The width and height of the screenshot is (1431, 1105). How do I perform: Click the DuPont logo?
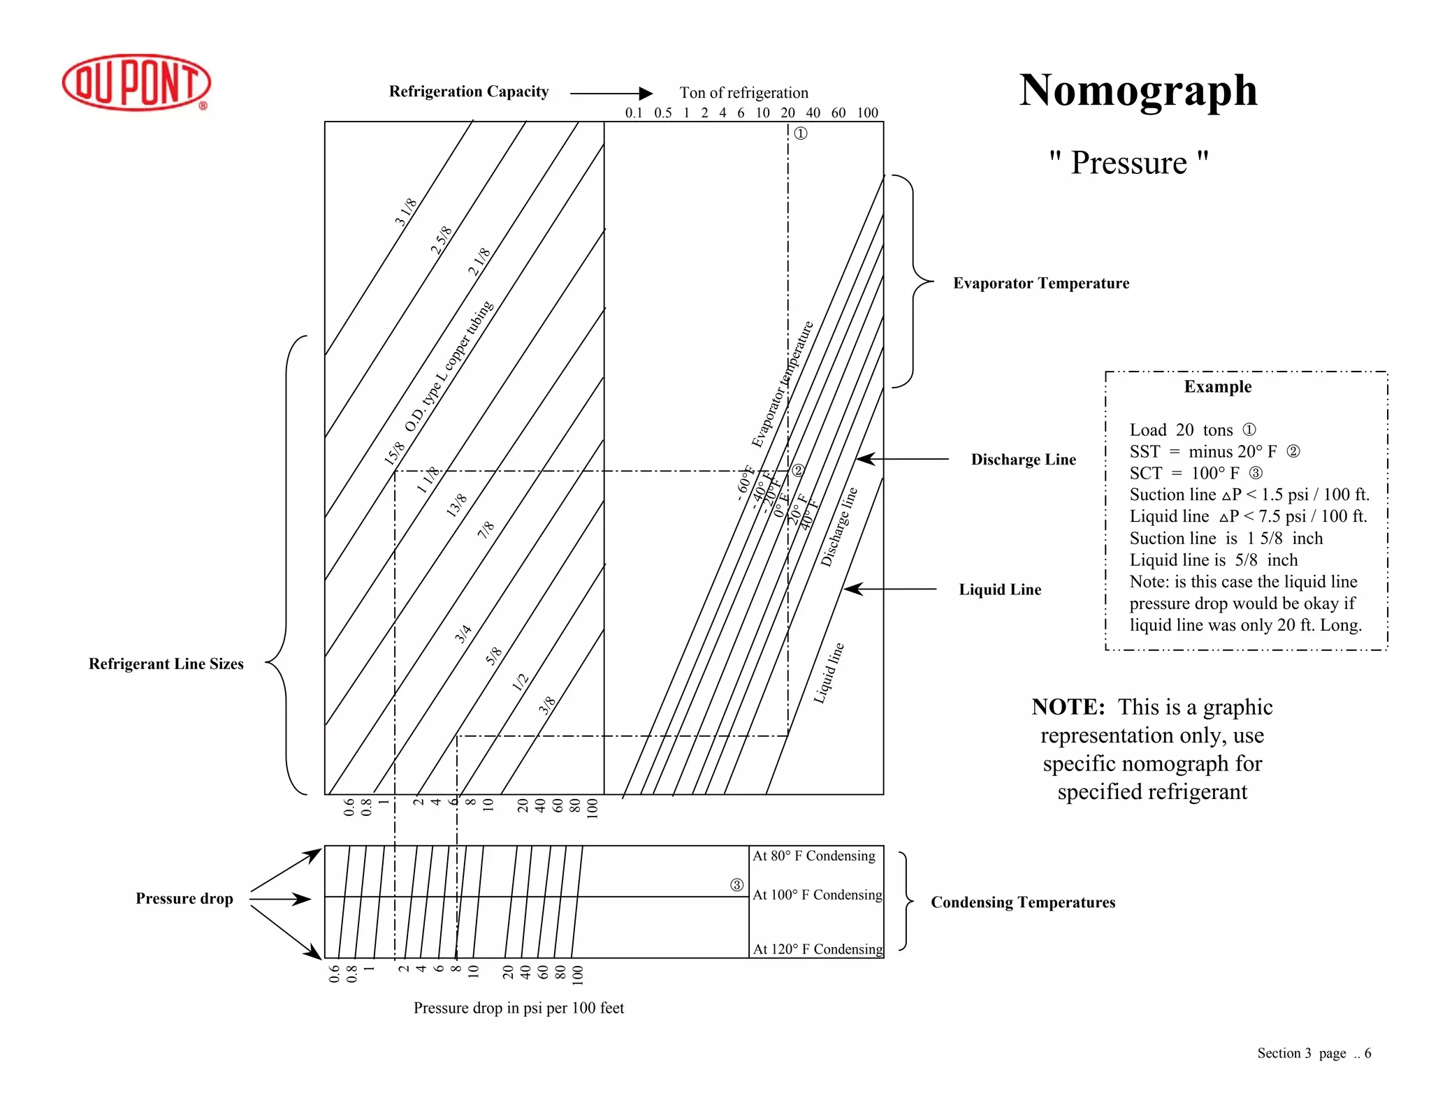coord(136,82)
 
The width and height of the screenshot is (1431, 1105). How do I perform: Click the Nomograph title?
coord(1138,91)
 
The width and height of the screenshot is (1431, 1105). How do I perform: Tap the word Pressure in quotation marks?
coord(1128,163)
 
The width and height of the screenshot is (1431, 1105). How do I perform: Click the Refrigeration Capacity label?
coord(468,92)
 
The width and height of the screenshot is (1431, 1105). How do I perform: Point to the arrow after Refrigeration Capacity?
coord(611,93)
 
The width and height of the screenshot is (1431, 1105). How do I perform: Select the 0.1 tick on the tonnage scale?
coord(633,112)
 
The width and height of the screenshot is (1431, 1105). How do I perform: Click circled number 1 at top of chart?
coord(801,133)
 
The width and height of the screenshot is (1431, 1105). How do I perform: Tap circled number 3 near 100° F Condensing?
coord(736,885)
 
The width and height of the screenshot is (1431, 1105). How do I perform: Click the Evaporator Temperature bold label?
coord(1040,283)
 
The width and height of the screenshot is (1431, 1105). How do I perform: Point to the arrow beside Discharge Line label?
coord(901,459)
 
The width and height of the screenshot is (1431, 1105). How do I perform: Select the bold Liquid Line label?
coord(999,590)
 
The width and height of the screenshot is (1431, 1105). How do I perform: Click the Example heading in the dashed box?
coord(1217,387)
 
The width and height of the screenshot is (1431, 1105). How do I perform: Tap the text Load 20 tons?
coord(1181,430)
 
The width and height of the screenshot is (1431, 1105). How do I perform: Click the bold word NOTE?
coord(1068,707)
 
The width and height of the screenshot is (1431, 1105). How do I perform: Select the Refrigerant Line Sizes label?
coord(166,664)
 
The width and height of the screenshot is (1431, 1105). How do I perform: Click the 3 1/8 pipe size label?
coord(406,212)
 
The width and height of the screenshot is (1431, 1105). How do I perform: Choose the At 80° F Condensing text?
coord(813,856)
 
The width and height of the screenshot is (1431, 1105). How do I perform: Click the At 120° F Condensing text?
coord(818,949)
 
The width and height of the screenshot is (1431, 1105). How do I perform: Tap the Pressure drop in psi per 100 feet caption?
coord(518,1008)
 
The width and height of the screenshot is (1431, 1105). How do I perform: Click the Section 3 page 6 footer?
coord(1314,1053)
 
